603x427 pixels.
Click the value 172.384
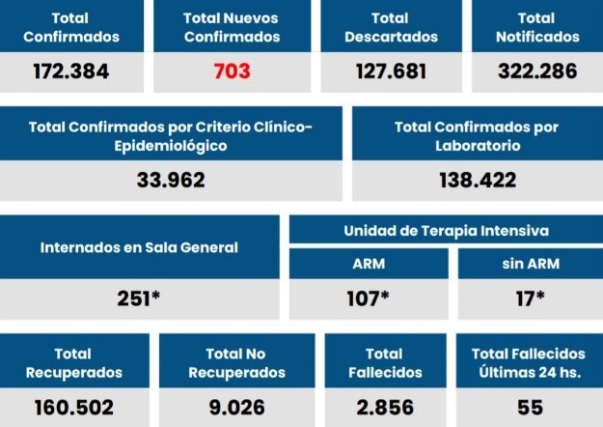tap(70, 71)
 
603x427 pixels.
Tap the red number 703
tap(231, 71)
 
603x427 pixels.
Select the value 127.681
tap(392, 71)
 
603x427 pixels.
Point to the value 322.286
tap(536, 71)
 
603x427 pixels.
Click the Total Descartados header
tap(392, 27)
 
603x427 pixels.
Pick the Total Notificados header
tap(536, 27)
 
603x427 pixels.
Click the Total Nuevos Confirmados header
tap(231, 27)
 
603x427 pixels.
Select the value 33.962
tap(172, 180)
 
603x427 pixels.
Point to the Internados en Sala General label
tap(139, 247)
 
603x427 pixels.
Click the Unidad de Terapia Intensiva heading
tap(446, 231)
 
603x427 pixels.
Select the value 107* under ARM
tap(368, 299)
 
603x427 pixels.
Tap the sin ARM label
tap(528, 264)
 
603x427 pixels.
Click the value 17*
tap(528, 299)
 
